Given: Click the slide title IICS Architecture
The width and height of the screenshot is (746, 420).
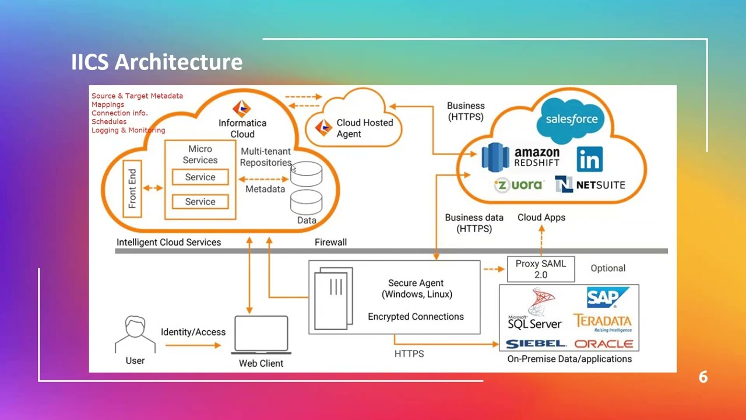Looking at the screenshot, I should (x=156, y=62).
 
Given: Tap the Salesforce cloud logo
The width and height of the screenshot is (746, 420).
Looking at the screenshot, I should (x=571, y=120).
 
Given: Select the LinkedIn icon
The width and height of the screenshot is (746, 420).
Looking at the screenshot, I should (x=589, y=159).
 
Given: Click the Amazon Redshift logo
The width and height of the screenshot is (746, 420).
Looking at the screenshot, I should (x=520, y=156).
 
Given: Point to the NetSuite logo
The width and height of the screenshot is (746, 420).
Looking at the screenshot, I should (x=590, y=185).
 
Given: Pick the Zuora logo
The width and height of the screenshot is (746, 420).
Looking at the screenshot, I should (x=518, y=185).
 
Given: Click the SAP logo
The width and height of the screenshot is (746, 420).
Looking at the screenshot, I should (x=607, y=297).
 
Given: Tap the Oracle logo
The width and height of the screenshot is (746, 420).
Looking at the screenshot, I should (x=603, y=344).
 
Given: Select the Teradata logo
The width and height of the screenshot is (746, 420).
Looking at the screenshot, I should (x=602, y=321).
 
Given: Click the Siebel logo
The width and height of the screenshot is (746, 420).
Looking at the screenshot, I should (x=536, y=344).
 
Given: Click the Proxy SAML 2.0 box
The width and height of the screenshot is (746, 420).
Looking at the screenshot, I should (x=541, y=269).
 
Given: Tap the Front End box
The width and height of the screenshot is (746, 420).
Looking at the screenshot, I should (x=133, y=189).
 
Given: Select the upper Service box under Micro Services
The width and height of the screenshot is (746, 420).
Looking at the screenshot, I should (x=200, y=177).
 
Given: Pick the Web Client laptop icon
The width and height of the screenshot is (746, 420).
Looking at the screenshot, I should (x=261, y=335).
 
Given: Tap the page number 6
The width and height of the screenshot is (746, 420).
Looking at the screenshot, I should (x=703, y=377).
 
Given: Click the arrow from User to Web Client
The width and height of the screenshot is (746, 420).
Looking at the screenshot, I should (x=193, y=345).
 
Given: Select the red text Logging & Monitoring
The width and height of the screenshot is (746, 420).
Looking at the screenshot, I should (x=128, y=131).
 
